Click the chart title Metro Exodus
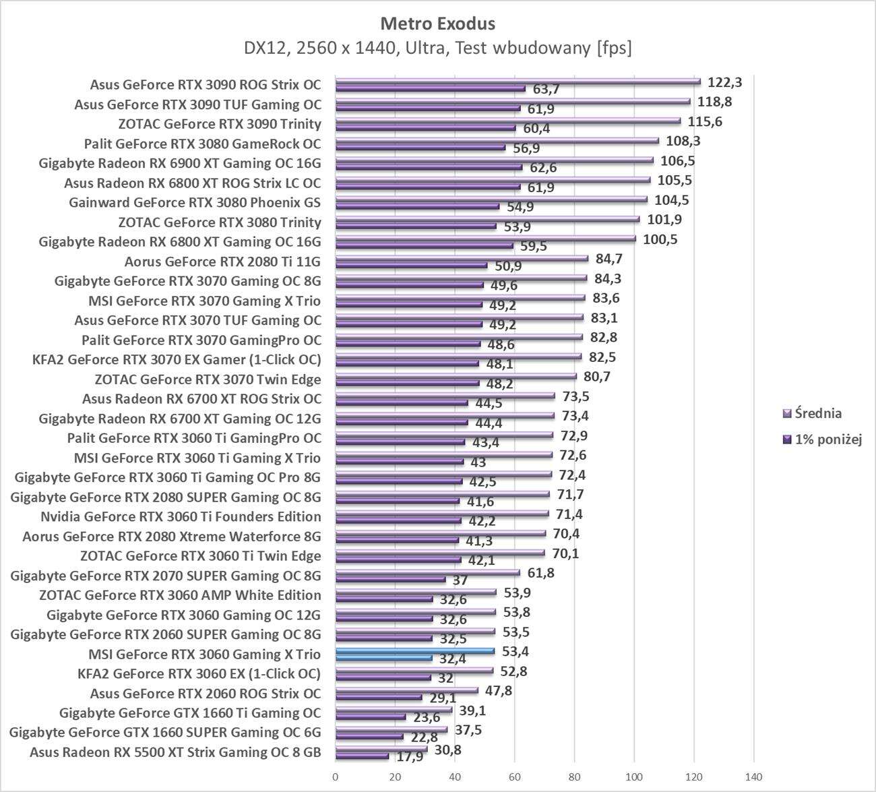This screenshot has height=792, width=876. tap(437, 24)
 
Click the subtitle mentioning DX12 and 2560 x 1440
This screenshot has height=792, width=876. tap(437, 49)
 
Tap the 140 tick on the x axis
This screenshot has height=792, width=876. tap(753, 776)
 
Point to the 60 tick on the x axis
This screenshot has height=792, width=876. tap(515, 776)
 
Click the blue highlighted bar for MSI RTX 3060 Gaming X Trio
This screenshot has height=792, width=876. tap(414, 651)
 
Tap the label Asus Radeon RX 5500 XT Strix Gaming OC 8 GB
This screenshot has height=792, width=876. tap(175, 752)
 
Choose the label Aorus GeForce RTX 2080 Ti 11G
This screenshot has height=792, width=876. tap(222, 262)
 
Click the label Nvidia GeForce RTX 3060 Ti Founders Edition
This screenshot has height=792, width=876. tap(181, 517)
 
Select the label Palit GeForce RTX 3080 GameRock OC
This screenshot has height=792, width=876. tap(202, 144)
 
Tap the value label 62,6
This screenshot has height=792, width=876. tap(542, 168)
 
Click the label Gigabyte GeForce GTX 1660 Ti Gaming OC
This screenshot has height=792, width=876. tap(190, 713)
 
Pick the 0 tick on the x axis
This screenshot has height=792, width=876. tap(336, 776)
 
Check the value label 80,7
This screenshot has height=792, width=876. tap(596, 376)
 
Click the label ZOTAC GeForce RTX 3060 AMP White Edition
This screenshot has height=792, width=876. tap(180, 595)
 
